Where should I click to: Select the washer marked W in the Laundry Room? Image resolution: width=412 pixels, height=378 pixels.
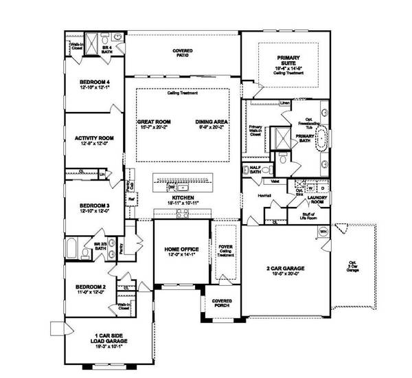click(311, 188)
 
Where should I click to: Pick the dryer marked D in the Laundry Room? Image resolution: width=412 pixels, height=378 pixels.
click(323, 188)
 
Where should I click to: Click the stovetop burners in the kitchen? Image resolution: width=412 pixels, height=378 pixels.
click(183, 215)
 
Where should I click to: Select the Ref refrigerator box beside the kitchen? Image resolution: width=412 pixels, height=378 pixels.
click(131, 200)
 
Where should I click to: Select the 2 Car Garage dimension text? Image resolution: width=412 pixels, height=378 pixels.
click(285, 274)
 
